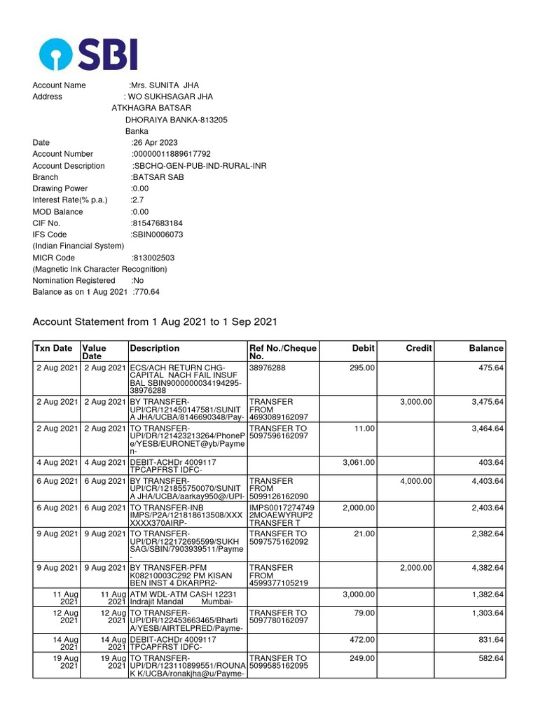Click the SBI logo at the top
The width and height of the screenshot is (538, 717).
pyautogui.click(x=88, y=54)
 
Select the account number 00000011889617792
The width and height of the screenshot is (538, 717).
pyautogui.click(x=172, y=154)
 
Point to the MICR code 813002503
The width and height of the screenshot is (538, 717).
pyautogui.click(x=153, y=258)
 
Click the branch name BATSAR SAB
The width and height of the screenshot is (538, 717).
pyautogui.click(x=156, y=177)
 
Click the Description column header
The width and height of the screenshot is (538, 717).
pyautogui.click(x=154, y=348)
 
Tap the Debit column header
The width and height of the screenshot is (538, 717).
pyautogui.click(x=363, y=348)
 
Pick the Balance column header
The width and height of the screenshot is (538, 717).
pyautogui.click(x=486, y=348)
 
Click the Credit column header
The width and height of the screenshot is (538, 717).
pyautogui.click(x=419, y=348)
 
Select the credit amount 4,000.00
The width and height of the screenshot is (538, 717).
pyautogui.click(x=416, y=481)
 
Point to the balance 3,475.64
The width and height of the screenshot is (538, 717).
pyautogui.click(x=486, y=402)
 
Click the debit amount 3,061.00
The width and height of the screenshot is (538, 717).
pyautogui.click(x=358, y=462)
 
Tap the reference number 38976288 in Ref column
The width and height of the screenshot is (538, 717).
pyautogui.click(x=267, y=367)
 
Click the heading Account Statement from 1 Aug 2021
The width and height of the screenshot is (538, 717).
pyautogui.click(x=155, y=322)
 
